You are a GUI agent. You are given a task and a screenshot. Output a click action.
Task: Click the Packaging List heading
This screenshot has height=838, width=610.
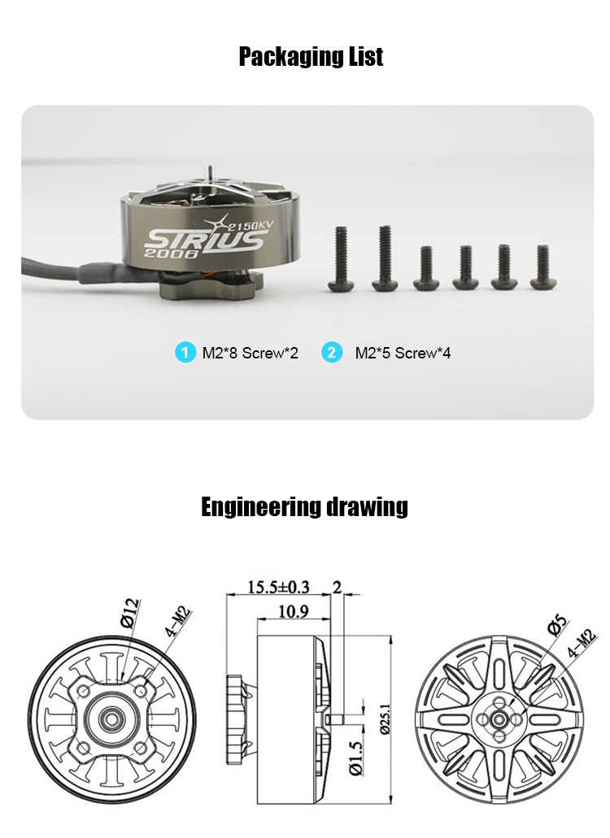coord(311,57)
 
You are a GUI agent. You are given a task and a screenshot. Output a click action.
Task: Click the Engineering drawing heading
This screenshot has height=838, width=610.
coord(304,506)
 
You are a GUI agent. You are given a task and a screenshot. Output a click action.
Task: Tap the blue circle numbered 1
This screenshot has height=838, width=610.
coord(185,353)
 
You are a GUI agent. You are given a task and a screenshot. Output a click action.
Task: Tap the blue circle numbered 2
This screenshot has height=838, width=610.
coord(332,353)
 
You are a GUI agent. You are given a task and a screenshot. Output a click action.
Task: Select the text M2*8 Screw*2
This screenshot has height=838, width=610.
coord(251,354)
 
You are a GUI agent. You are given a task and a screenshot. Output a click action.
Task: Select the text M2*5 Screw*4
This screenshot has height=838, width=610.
coord(403,354)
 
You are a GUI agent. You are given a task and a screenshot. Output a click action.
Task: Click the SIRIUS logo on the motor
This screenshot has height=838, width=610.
coord(206,240)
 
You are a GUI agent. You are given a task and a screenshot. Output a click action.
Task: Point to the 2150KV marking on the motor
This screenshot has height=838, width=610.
coord(250,225)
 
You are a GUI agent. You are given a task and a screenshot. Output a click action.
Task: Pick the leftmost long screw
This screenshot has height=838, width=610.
coord(341,260)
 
